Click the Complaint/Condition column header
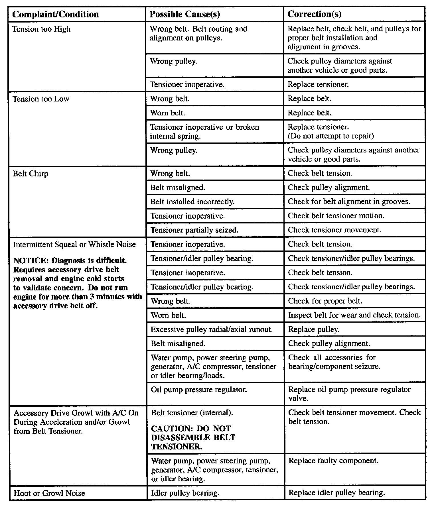[56, 14]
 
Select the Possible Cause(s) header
[184, 14]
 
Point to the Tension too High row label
[42, 29]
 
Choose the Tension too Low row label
[41, 99]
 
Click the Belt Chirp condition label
[31, 174]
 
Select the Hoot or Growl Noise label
[49, 493]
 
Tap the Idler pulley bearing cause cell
[185, 493]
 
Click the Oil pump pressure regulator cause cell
[199, 389]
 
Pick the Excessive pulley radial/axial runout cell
[212, 329]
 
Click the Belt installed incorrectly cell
[192, 202]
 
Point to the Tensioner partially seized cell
[194, 230]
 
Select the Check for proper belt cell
[325, 301]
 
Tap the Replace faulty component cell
[333, 461]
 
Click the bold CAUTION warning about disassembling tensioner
[193, 437]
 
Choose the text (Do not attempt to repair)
[330, 136]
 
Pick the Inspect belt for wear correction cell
[354, 315]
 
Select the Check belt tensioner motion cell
[336, 216]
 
